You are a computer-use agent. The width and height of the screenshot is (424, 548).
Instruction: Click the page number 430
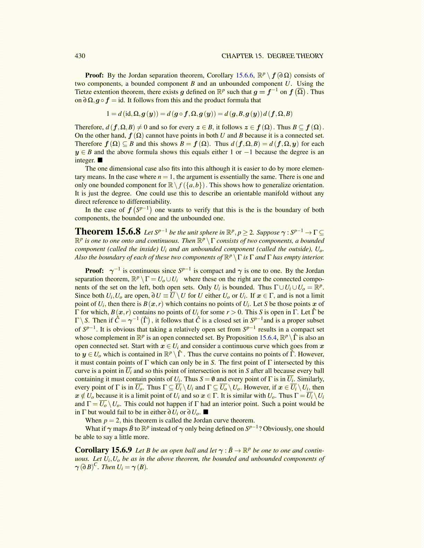point(80,56)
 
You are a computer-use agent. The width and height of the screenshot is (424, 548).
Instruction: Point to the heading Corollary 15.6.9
point(103,450)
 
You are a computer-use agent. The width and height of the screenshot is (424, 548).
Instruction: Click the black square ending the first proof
point(100,160)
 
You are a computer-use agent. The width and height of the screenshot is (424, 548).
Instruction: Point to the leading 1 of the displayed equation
point(108,114)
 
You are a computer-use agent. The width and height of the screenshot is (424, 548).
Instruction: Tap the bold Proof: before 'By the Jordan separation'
point(94,75)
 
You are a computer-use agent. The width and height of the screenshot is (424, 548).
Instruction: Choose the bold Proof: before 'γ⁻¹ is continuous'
point(94,271)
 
